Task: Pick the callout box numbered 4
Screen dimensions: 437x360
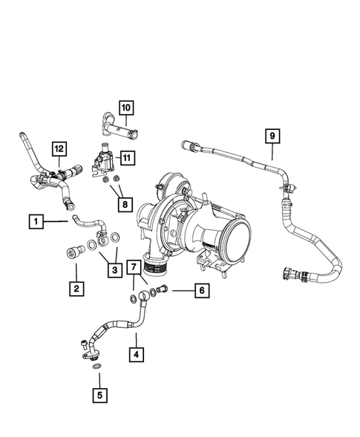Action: tap(136, 355)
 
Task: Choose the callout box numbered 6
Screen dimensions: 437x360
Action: tap(200, 291)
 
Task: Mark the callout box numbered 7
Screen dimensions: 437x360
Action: tap(134, 266)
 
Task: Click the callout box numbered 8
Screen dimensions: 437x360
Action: tap(123, 203)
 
